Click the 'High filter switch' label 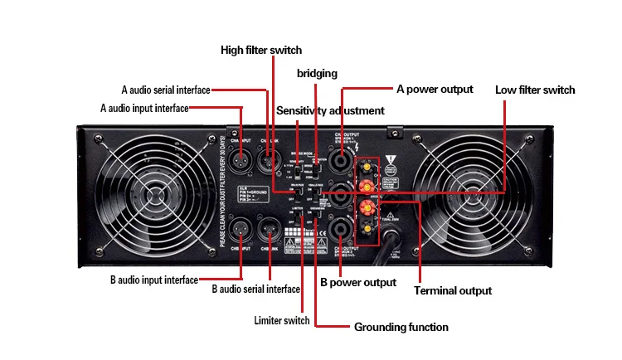260,50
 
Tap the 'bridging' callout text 317,74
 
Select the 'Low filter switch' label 535,90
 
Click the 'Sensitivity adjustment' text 330,110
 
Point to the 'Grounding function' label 401,327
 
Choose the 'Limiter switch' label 282,320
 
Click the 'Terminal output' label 453,290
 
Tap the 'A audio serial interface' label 166,90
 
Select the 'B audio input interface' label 154,280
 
